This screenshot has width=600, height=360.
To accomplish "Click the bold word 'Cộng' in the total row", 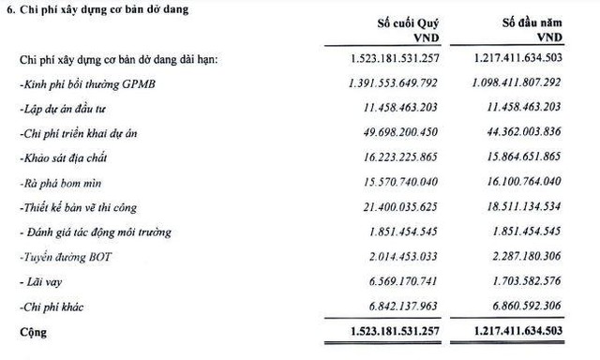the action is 33,332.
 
